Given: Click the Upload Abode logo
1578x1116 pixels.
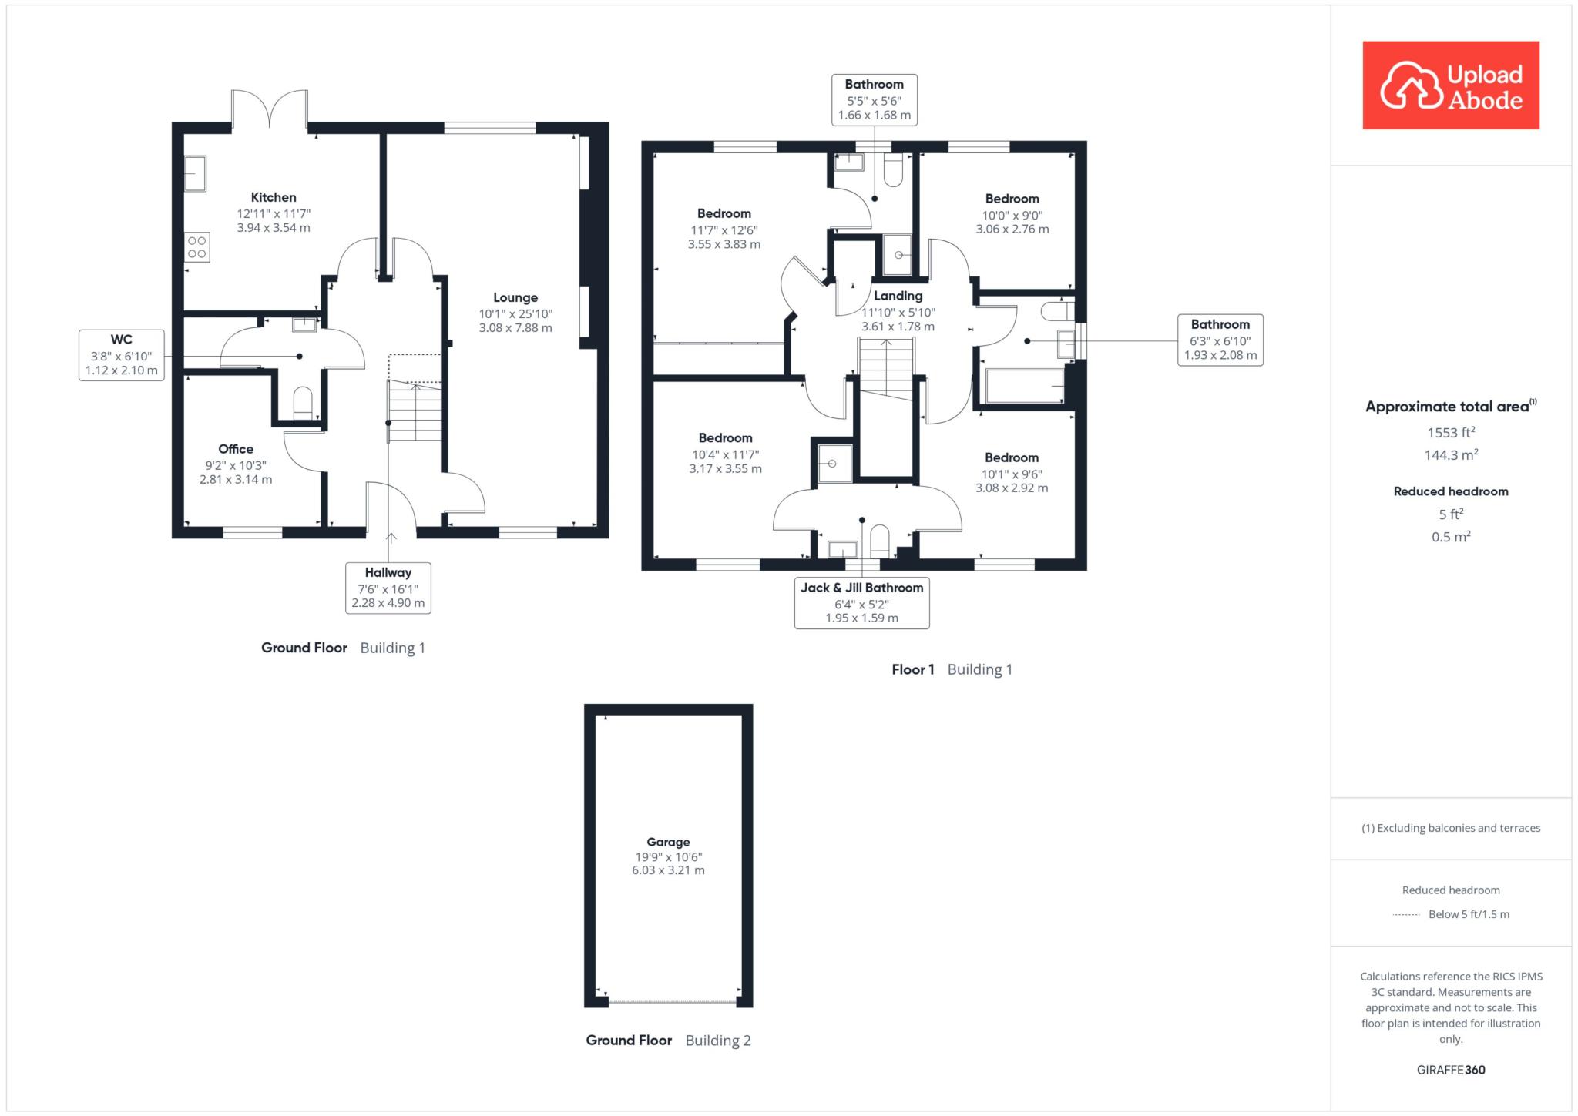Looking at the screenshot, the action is [1451, 85].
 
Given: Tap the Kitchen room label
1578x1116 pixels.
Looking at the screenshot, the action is [274, 197].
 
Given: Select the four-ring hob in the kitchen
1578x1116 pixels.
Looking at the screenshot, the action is [196, 246].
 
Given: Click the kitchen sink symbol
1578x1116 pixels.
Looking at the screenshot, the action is [195, 173].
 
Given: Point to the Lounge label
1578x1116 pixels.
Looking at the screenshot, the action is [515, 297].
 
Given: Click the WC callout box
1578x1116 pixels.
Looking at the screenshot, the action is [122, 354].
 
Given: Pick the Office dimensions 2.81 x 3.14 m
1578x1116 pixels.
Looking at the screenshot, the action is [236, 479].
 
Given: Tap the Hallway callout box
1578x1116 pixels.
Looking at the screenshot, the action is [388, 588].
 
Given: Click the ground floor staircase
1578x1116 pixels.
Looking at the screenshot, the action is [415, 411].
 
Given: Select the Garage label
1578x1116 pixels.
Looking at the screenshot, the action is [668, 842].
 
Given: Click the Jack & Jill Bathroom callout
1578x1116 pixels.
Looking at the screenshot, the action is [861, 602].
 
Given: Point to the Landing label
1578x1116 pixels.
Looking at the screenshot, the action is [898, 296].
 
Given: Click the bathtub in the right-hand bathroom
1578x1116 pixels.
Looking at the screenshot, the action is [1025, 386].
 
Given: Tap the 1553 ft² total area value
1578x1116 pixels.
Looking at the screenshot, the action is [1451, 432].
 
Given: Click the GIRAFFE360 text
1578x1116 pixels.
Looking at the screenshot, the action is [1451, 1070].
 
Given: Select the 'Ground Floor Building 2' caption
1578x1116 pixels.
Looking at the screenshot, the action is [668, 1041].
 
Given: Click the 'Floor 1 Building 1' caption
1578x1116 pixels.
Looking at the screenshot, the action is [952, 669].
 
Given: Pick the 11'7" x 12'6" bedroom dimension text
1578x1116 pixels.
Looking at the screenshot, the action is [724, 230].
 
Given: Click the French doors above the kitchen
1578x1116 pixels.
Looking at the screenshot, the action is [270, 108].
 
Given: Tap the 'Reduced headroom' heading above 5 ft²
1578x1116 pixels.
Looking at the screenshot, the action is [1451, 491].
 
